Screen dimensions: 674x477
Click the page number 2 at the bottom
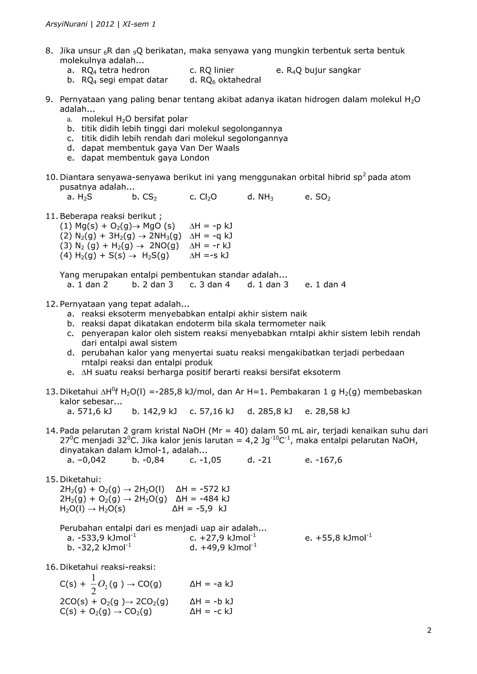(x=429, y=630)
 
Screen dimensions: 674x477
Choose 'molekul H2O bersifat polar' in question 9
(x=134, y=119)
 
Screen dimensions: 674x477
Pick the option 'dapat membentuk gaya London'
(x=145, y=158)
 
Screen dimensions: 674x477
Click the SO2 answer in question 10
(x=323, y=197)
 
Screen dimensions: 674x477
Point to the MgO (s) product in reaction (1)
(x=159, y=226)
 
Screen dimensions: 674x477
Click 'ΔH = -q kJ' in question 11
(x=211, y=236)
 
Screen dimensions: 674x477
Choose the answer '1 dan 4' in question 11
(x=330, y=284)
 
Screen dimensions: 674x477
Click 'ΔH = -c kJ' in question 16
(x=211, y=611)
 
